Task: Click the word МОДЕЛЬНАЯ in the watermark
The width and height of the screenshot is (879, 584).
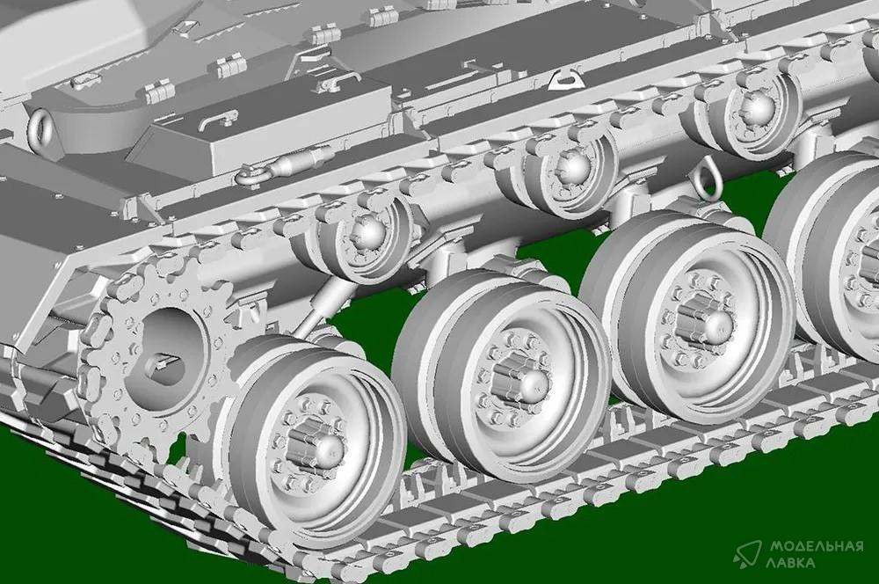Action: pyautogui.click(x=816, y=546)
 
